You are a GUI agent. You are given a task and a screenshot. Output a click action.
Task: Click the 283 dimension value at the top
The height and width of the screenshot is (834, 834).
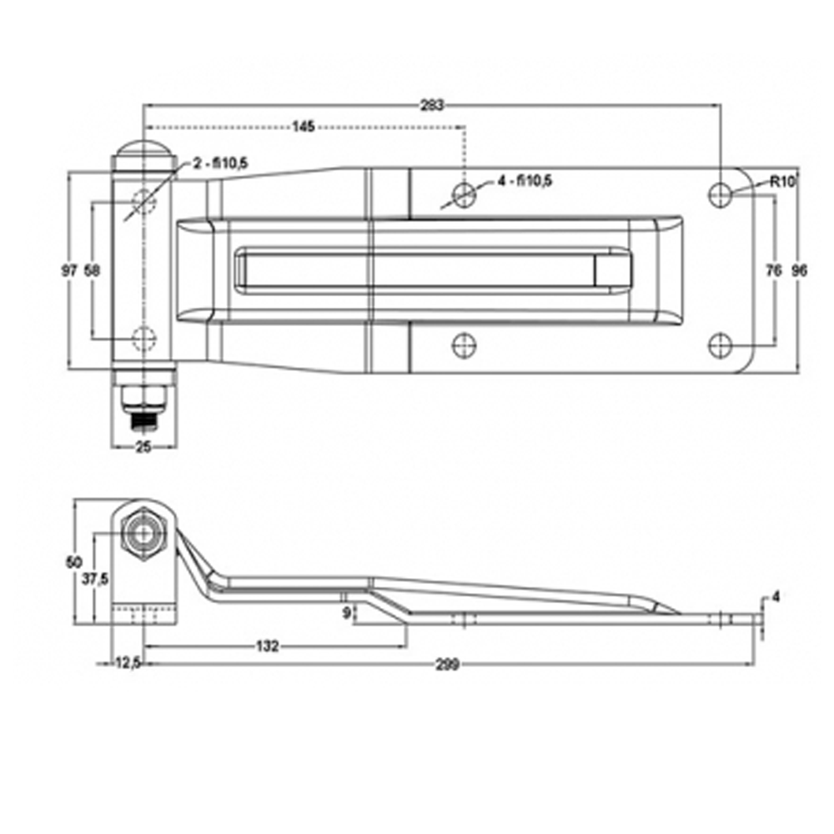(431, 105)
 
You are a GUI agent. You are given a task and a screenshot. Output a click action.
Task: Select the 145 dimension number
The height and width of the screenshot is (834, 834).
(304, 127)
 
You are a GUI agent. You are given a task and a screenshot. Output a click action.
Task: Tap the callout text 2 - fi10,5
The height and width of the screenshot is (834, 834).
(220, 163)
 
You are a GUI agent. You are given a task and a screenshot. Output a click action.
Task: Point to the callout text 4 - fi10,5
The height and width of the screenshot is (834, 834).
(525, 181)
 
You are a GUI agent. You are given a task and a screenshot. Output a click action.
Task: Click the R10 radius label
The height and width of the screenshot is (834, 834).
(782, 182)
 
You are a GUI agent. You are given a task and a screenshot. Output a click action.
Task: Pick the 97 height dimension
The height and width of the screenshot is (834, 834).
(69, 271)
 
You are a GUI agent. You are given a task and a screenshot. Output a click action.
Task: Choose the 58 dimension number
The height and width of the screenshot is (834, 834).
(92, 271)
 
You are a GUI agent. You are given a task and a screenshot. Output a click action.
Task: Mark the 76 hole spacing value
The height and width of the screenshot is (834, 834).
(774, 271)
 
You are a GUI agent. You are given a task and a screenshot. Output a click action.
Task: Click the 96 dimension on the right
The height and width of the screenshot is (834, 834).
(799, 271)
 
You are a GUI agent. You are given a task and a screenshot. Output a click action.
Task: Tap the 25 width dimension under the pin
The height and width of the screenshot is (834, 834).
(143, 447)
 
